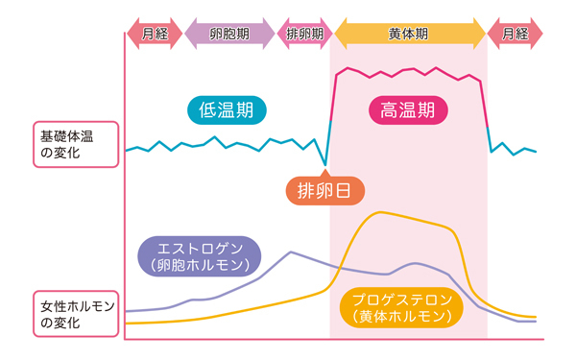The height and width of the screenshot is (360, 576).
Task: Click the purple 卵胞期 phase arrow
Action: tap(229, 34)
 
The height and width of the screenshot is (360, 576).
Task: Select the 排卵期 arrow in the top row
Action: tap(304, 34)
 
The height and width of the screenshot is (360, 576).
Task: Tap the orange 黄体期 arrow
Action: tap(409, 34)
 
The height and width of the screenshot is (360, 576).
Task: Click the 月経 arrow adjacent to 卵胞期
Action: tap(155, 34)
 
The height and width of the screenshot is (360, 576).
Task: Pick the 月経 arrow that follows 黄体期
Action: tap(516, 34)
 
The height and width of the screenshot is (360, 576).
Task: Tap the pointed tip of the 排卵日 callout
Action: tap(325, 166)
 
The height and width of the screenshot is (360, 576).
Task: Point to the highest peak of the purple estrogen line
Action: tap(291, 252)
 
